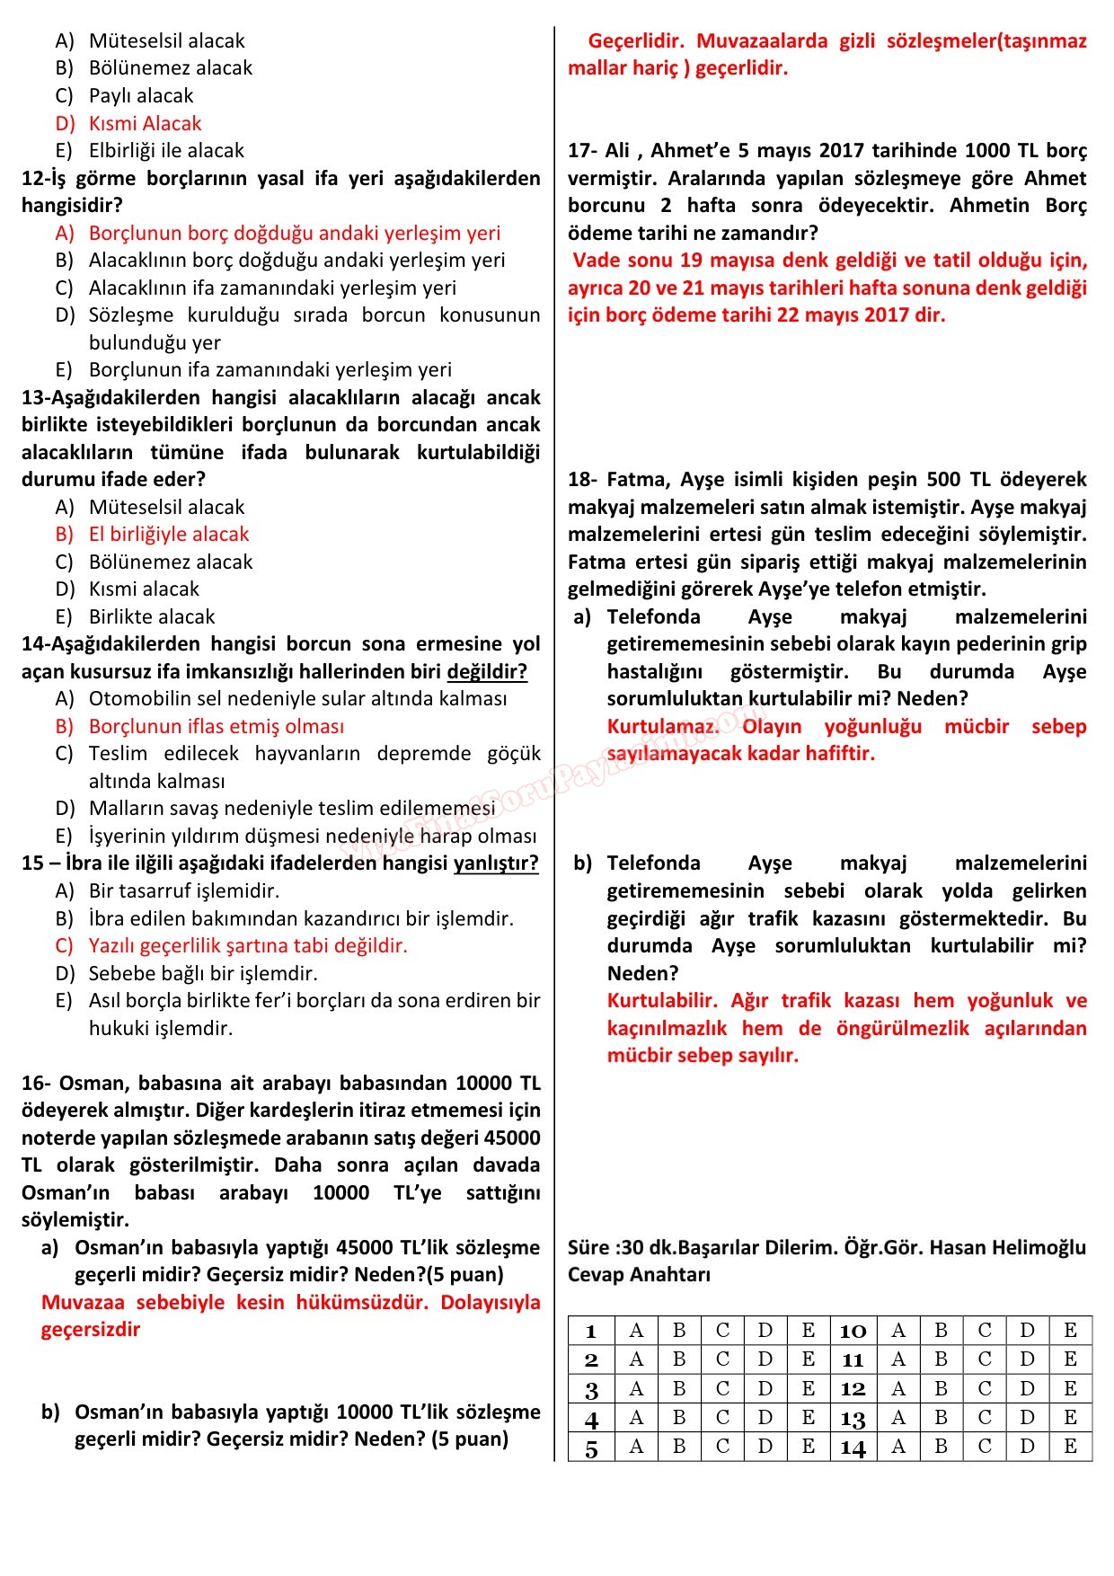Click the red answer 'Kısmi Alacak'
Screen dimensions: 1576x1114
[x=145, y=123]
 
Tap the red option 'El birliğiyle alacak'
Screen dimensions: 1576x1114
[x=168, y=534]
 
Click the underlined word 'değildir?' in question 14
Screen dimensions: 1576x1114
[x=487, y=671]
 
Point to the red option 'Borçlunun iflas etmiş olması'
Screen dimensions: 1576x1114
[x=216, y=726]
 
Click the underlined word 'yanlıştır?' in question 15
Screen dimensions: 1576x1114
[x=496, y=863]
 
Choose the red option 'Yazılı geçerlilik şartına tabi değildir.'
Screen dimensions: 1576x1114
[x=248, y=945]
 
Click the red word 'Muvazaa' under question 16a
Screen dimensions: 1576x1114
[x=83, y=1302]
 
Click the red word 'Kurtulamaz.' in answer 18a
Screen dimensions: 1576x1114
[x=663, y=726]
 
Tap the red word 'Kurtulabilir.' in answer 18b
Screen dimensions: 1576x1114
[x=662, y=1000]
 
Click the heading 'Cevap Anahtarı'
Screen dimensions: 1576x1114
[x=639, y=1274]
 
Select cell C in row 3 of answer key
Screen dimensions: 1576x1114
[x=722, y=1388]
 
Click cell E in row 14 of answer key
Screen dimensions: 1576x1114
[x=1070, y=1447]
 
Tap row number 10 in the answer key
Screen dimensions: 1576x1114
[x=853, y=1331]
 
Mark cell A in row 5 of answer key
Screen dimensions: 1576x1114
[x=636, y=1447]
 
